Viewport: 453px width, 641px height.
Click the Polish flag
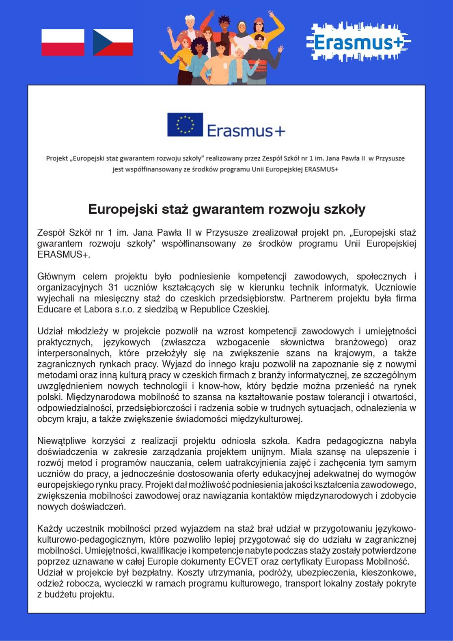click(63, 42)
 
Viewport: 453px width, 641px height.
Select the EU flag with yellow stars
click(185, 124)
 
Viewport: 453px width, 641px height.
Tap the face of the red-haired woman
click(186, 43)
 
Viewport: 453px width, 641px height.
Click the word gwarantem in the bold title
click(226, 209)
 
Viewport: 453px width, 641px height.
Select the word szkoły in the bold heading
click(346, 209)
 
